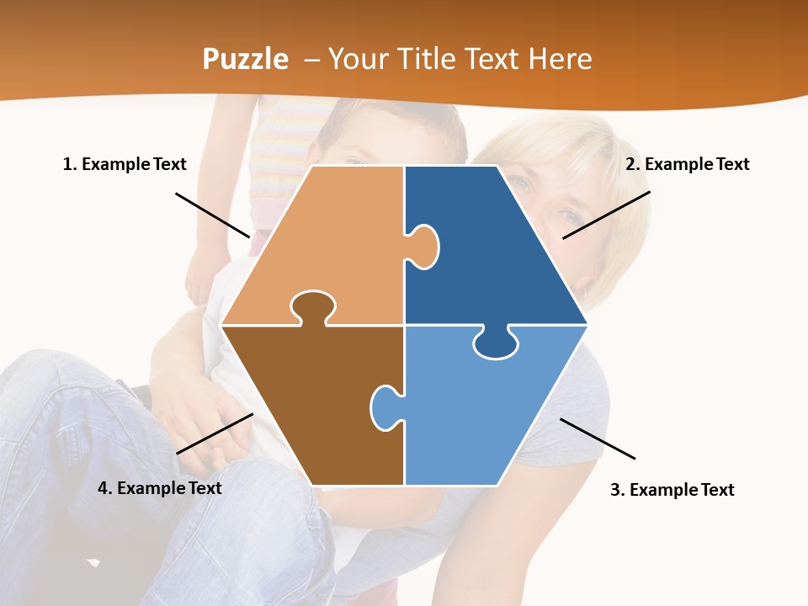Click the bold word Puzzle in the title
245,59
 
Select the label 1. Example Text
125,164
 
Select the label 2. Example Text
687,164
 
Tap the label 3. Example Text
672,490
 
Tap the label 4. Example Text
160,488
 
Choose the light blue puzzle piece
488,412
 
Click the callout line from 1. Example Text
213,215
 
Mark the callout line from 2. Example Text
606,215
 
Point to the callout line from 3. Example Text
598,439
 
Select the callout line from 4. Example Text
215,433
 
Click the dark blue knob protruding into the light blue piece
496,343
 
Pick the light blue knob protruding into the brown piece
385,407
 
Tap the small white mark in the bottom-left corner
93,561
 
